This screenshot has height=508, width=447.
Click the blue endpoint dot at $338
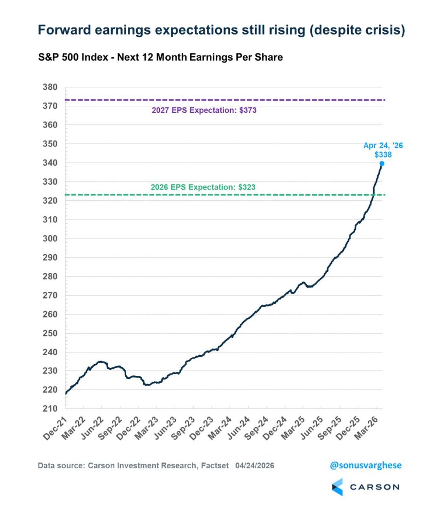coord(382,163)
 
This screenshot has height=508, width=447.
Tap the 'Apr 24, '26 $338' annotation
coord(383,150)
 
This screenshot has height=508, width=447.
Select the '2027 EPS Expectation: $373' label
coord(204,110)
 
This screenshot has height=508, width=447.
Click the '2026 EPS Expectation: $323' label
coord(203,187)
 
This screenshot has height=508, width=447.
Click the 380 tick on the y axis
coord(50,87)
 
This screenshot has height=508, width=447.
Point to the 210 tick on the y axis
coord(50,409)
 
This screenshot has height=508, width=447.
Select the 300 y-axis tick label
coord(50,238)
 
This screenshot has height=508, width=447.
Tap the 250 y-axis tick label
coord(50,333)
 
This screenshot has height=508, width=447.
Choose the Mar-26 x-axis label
coord(367,428)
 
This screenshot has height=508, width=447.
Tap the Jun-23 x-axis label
coord(165,428)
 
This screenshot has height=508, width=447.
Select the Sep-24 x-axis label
coord(257,428)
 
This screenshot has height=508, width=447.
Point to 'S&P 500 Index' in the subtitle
coord(73,57)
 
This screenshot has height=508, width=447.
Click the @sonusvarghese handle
coord(365,465)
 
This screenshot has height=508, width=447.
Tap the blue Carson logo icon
coord(337,487)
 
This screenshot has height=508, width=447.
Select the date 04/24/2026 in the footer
coord(254,466)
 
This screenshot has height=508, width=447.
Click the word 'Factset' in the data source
coord(215,466)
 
